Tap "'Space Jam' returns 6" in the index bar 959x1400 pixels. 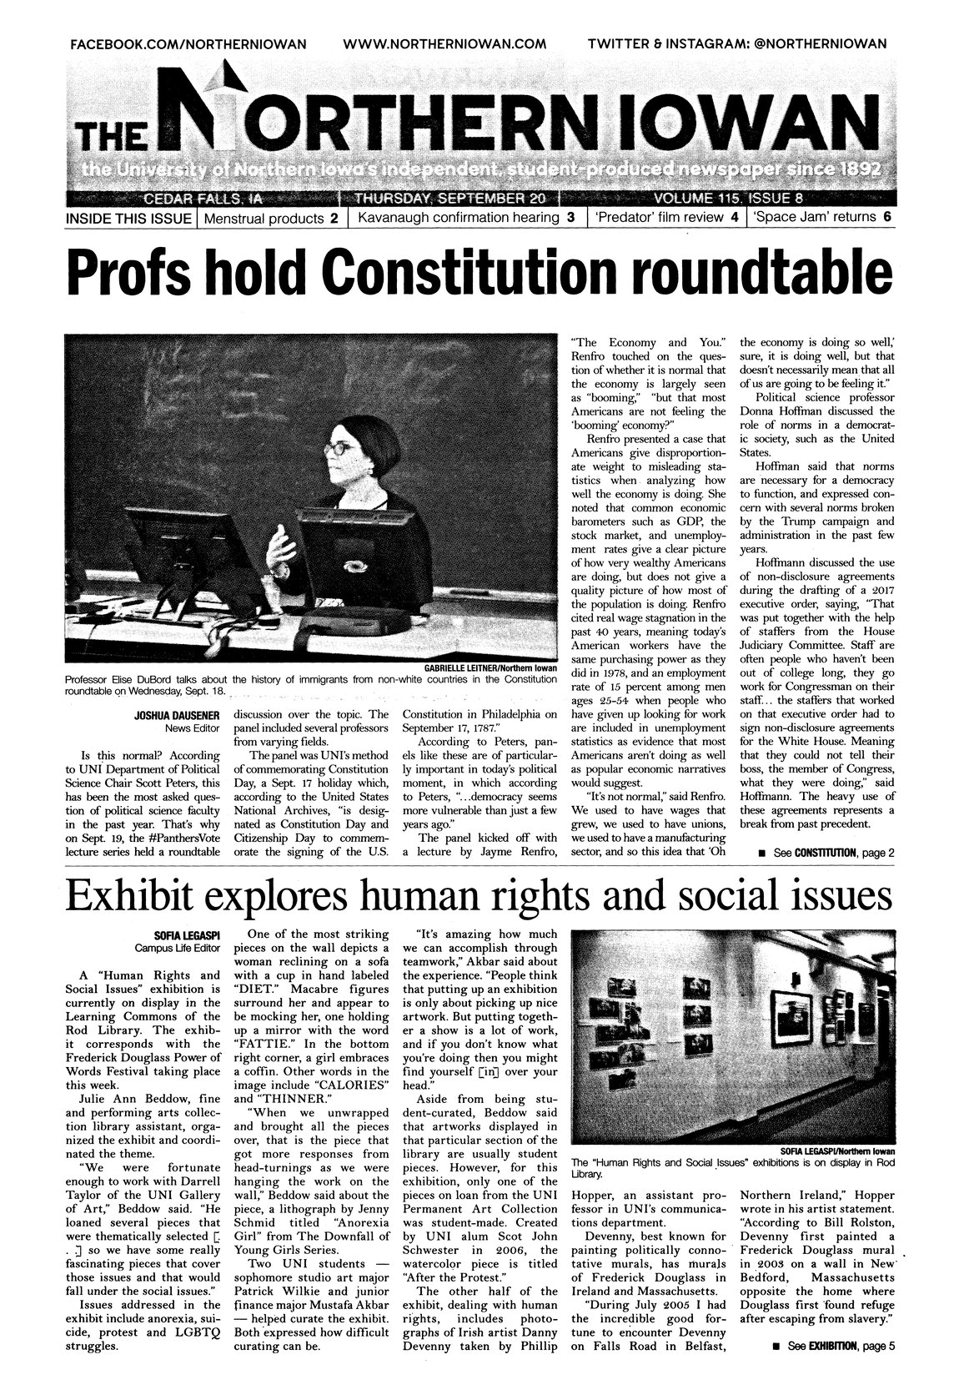[821, 219]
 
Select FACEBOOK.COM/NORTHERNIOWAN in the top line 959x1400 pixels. [187, 43]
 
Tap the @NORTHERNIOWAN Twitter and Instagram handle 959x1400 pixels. [808, 43]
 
